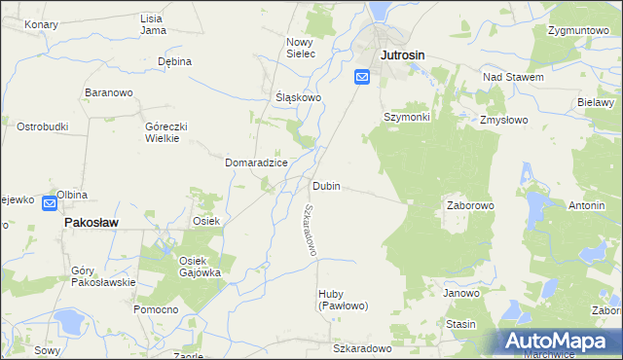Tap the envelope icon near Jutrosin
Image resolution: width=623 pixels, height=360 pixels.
[x=362, y=77]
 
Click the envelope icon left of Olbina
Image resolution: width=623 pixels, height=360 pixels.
[x=51, y=201]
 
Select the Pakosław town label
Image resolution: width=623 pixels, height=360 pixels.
[x=91, y=223]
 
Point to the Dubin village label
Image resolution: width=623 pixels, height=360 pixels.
[x=326, y=185]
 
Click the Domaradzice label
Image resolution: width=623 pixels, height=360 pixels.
[x=256, y=162]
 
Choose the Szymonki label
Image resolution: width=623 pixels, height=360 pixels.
[x=406, y=117]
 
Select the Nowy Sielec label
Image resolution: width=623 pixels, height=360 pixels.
[x=301, y=48]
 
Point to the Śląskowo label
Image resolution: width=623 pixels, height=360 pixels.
[x=298, y=97]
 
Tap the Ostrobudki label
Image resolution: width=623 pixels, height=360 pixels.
[x=42, y=126]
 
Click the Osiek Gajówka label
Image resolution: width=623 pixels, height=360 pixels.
[x=200, y=267]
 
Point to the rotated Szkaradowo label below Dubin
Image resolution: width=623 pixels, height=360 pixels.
[x=309, y=231]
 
